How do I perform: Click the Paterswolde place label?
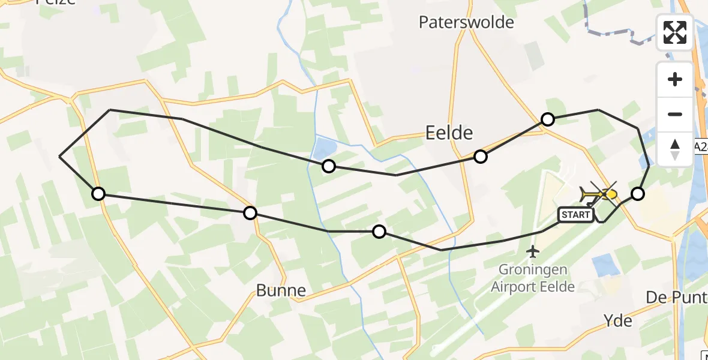466,23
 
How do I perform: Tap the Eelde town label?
449,133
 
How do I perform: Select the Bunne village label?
281,291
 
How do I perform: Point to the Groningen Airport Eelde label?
533,278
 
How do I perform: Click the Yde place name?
618,321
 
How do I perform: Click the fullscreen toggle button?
675,32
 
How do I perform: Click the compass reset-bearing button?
675,149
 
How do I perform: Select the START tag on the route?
575,214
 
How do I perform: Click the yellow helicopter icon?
593,194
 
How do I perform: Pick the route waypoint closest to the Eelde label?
480,157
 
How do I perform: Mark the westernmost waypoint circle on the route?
98,194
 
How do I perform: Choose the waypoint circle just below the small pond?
328,166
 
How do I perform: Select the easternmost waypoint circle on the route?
638,194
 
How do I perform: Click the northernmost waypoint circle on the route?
547,119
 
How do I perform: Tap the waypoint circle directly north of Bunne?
250,212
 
